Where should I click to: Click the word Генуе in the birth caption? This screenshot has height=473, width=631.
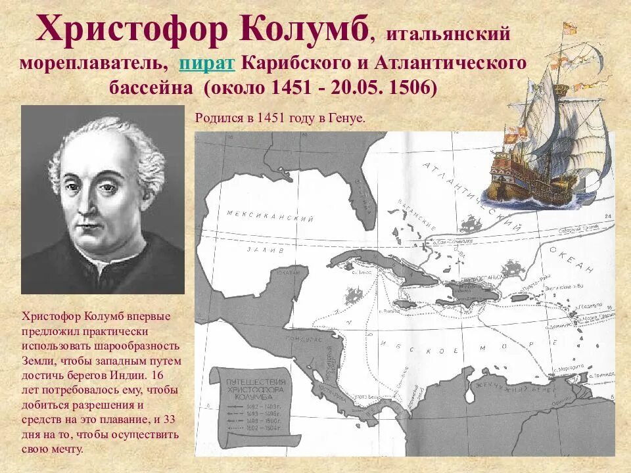347,119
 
